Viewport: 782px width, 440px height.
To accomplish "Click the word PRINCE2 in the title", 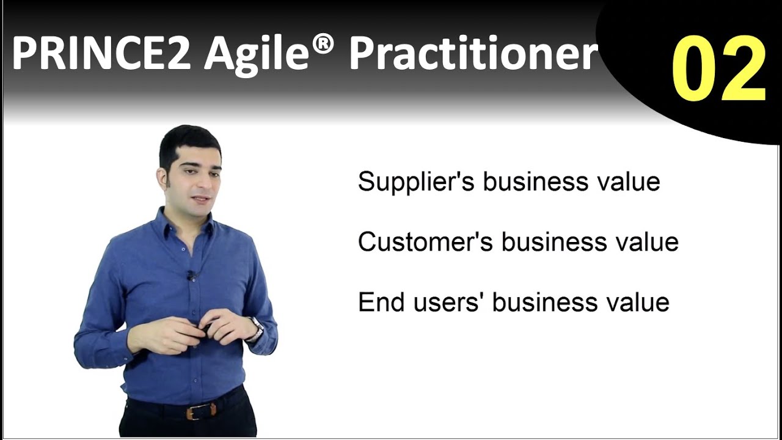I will click(x=101, y=54).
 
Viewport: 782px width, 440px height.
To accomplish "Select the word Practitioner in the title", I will click(x=473, y=54).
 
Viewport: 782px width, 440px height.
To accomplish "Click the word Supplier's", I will click(x=415, y=182).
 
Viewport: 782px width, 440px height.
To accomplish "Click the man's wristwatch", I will click(x=256, y=329).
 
